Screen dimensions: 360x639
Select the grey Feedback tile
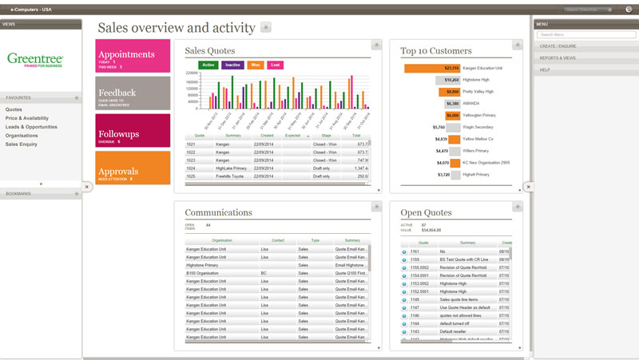pyautogui.click(x=133, y=93)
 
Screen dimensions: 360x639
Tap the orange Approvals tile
pyautogui.click(x=133, y=168)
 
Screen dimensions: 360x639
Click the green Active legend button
pyautogui.click(x=209, y=65)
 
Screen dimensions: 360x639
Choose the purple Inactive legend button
pyautogui.click(x=232, y=65)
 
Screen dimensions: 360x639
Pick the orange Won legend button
pyautogui.click(x=256, y=65)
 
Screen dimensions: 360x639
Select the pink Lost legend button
pyautogui.click(x=276, y=65)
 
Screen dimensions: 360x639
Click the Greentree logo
pyautogui.click(x=34, y=59)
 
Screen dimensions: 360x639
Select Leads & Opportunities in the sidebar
pyautogui.click(x=31, y=127)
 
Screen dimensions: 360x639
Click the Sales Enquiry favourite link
pyautogui.click(x=22, y=144)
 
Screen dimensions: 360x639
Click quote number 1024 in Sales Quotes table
pyautogui.click(x=191, y=168)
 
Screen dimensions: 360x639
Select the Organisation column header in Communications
pyautogui.click(x=222, y=240)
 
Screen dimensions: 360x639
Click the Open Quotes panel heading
pyautogui.click(x=426, y=213)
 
